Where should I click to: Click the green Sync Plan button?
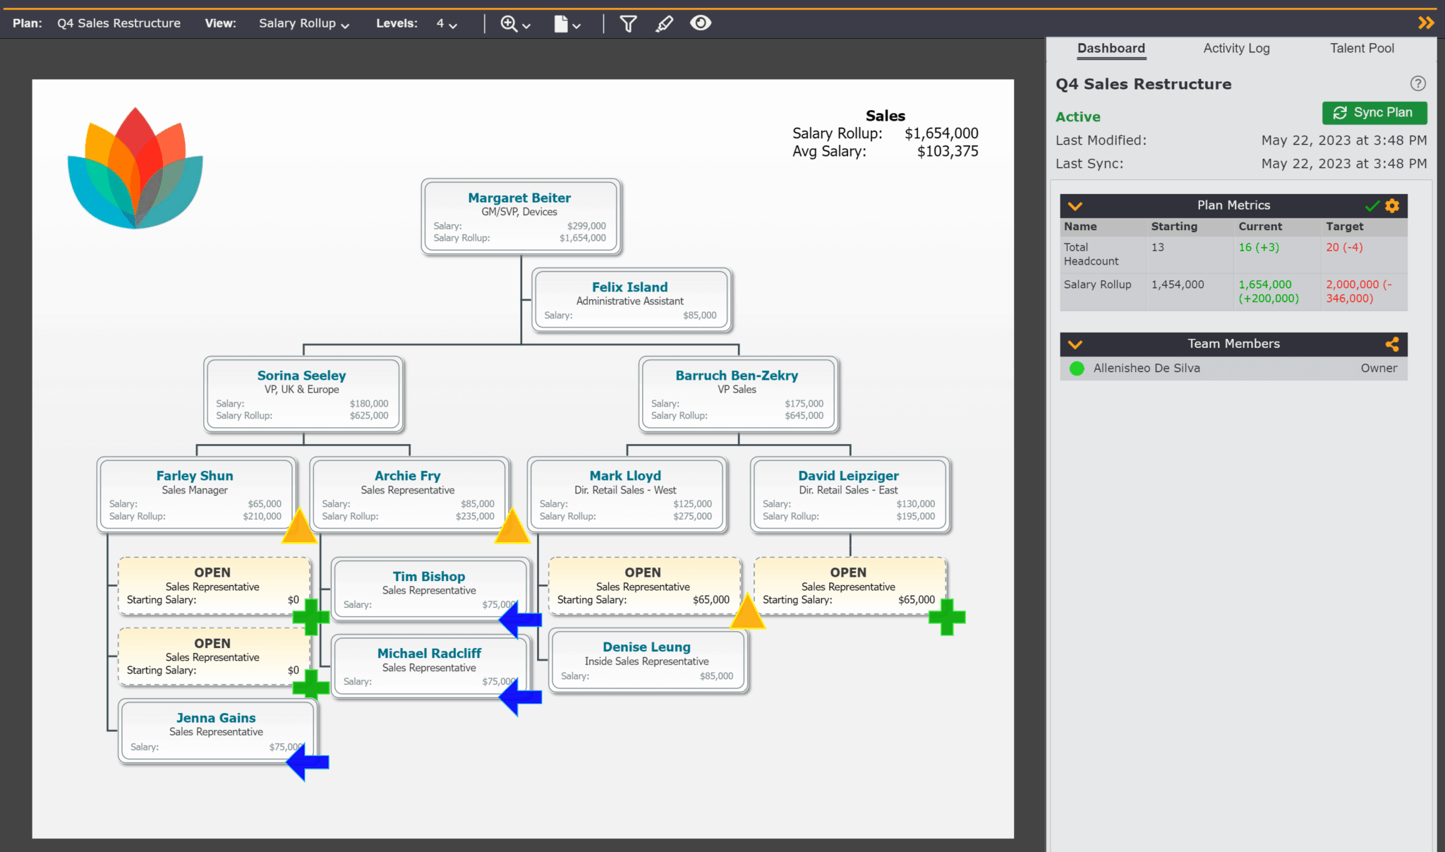click(x=1374, y=113)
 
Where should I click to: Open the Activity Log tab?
click(x=1236, y=48)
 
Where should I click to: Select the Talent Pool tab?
click(x=1362, y=48)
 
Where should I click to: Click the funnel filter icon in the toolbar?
click(x=628, y=24)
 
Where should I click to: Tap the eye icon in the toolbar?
click(x=700, y=23)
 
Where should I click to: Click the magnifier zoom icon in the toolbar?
click(x=509, y=24)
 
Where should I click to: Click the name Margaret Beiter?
click(x=519, y=198)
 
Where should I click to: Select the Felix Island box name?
click(x=629, y=287)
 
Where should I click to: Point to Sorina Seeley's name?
click(x=301, y=376)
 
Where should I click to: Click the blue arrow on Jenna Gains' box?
click(x=308, y=762)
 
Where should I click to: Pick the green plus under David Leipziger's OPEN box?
click(x=947, y=617)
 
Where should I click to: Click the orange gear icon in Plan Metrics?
click(x=1391, y=205)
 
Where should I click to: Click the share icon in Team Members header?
click(x=1391, y=344)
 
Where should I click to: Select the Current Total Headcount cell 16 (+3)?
click(x=1259, y=247)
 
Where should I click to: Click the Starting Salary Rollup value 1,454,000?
click(x=1178, y=284)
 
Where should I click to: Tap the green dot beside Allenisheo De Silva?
click(x=1077, y=368)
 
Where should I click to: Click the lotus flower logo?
click(x=135, y=169)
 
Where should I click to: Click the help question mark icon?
click(x=1417, y=84)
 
